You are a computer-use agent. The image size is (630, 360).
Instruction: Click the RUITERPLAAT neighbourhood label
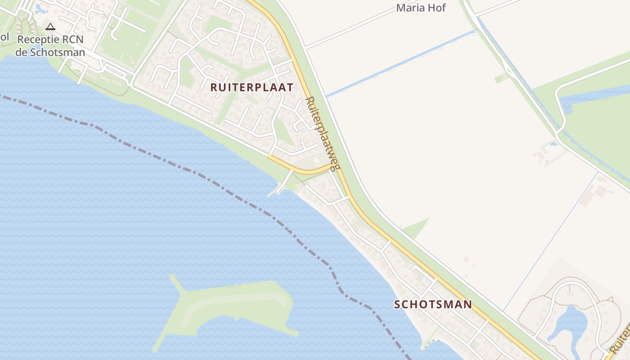[x=252, y=87]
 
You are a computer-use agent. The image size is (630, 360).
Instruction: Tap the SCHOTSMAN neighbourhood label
[x=433, y=304]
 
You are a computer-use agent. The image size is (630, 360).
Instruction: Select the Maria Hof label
[x=421, y=8]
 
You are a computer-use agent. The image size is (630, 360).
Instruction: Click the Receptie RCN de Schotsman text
[x=50, y=46]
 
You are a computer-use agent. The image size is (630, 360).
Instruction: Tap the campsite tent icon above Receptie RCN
[x=50, y=27]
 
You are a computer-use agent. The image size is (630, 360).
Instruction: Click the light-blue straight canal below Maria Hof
[x=400, y=63]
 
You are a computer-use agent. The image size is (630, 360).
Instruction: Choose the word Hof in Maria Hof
[x=436, y=8]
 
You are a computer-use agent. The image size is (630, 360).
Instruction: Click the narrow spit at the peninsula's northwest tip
[x=175, y=283]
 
